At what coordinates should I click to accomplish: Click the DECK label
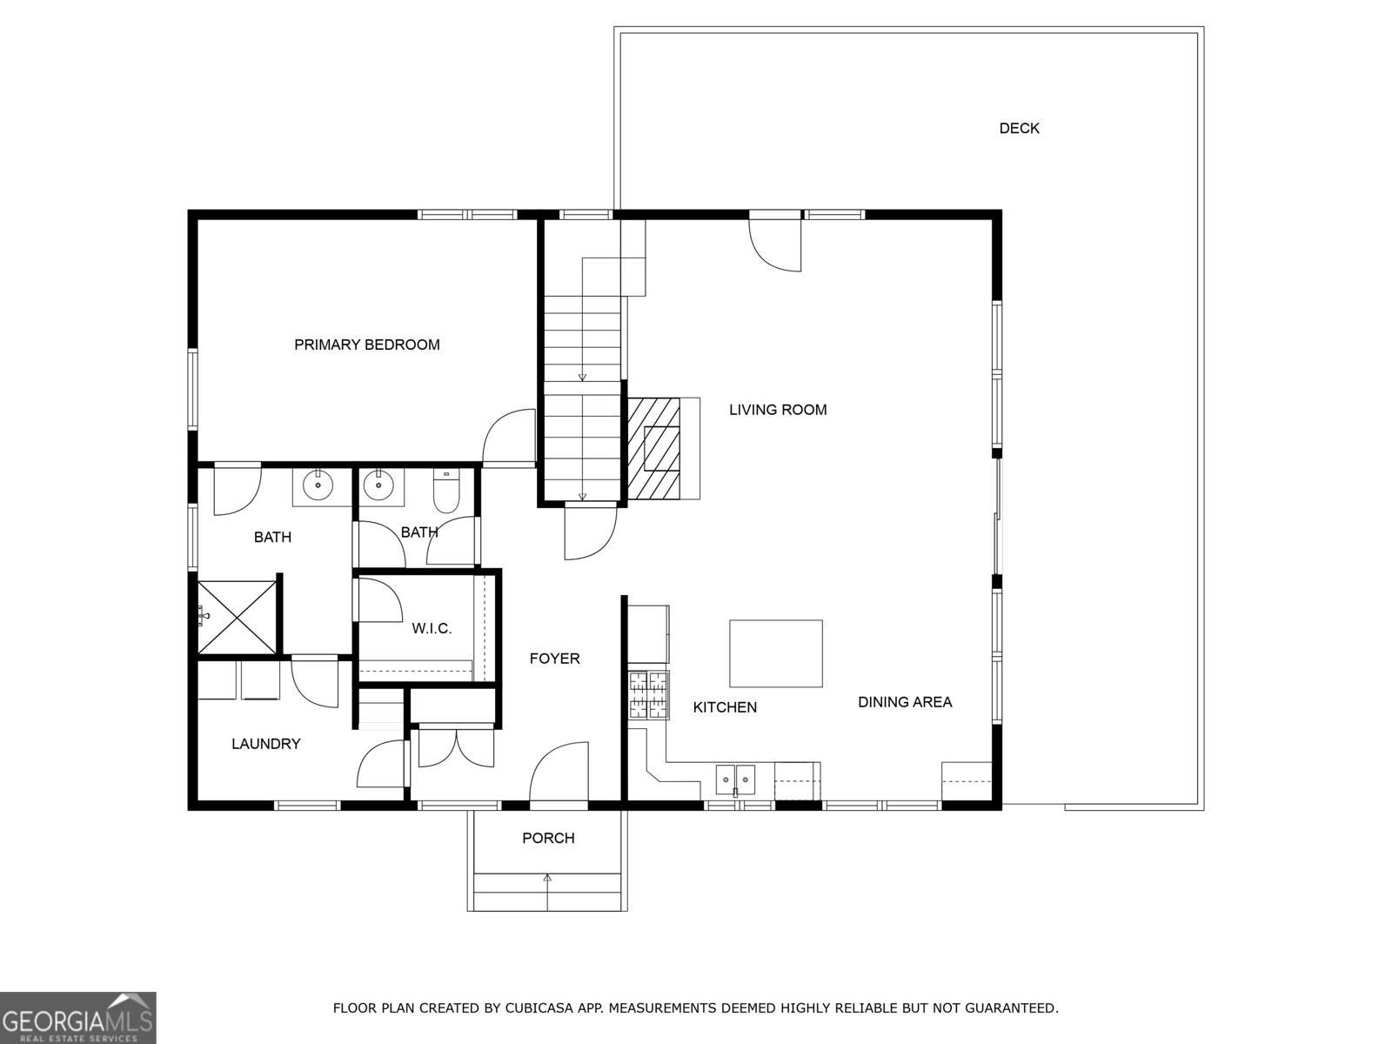(x=1019, y=129)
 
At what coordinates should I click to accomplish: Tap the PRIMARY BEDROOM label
(x=366, y=345)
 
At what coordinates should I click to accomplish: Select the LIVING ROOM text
(x=778, y=410)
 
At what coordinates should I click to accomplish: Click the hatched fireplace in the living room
(x=654, y=448)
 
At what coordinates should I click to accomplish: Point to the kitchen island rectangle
(x=775, y=653)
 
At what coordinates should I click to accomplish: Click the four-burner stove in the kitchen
(x=649, y=695)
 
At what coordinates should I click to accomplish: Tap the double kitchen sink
(x=736, y=780)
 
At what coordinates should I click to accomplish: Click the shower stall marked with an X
(x=236, y=617)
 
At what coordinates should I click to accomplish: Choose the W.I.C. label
(x=432, y=628)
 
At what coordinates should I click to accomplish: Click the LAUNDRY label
(x=265, y=744)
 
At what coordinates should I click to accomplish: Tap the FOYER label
(x=554, y=659)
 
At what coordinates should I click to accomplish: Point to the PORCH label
(x=548, y=838)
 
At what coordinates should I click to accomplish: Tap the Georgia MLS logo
(x=77, y=1017)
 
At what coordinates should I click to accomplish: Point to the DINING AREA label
(x=905, y=702)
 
